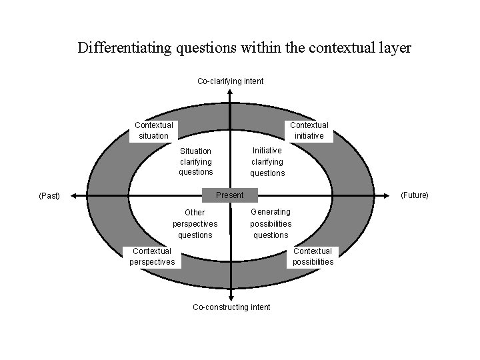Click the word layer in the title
point(395,48)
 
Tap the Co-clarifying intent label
point(230,81)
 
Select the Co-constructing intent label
point(231,307)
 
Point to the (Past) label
point(49,196)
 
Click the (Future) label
point(414,195)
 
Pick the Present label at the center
point(229,195)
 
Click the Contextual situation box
point(153,130)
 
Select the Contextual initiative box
point(309,130)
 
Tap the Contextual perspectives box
point(152,257)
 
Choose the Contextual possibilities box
point(313,257)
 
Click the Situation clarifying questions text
point(195,161)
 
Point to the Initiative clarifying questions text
point(267,161)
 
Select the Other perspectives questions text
point(195,224)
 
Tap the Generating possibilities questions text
point(271,223)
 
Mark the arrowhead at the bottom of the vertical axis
point(230,298)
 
